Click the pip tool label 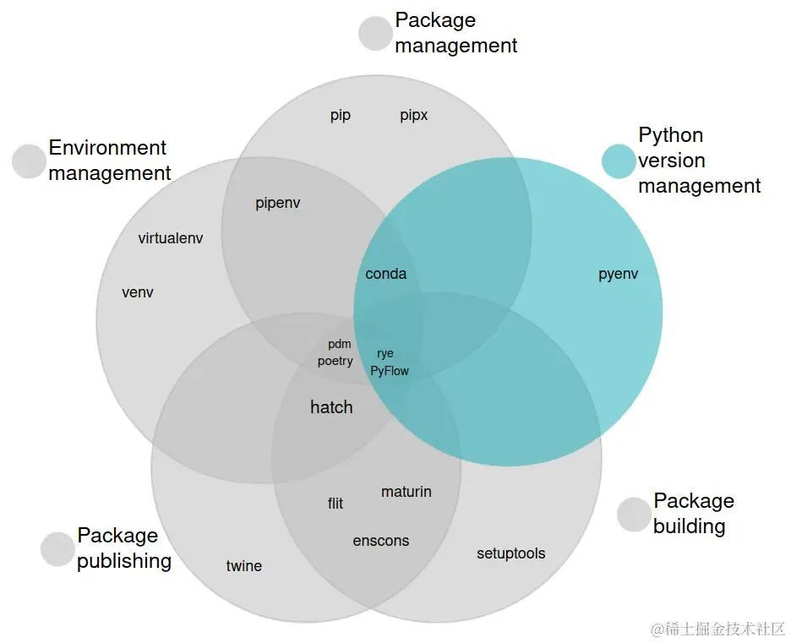(340, 115)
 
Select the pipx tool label (413, 115)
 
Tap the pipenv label (277, 204)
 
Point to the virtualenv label (171, 238)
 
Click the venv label (138, 292)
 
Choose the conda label (385, 274)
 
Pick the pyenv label (618, 274)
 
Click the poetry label (335, 361)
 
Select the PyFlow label (389, 371)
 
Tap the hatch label (331, 407)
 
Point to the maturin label (406, 492)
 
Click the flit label (335, 504)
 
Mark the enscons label (380, 541)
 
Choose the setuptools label (510, 553)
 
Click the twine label (243, 566)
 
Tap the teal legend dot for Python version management (619, 161)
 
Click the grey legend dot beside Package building (634, 515)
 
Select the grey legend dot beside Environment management (29, 161)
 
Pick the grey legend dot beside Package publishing (57, 549)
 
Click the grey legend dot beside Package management (375, 33)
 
